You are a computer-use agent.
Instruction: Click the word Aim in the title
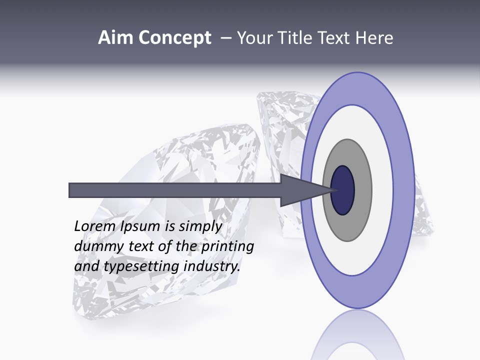tap(116, 38)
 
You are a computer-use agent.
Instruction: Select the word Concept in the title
tap(174, 38)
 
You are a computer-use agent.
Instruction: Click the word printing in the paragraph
tap(227, 246)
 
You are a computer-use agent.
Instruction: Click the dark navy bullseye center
tap(343, 190)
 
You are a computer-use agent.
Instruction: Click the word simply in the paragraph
tap(200, 227)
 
